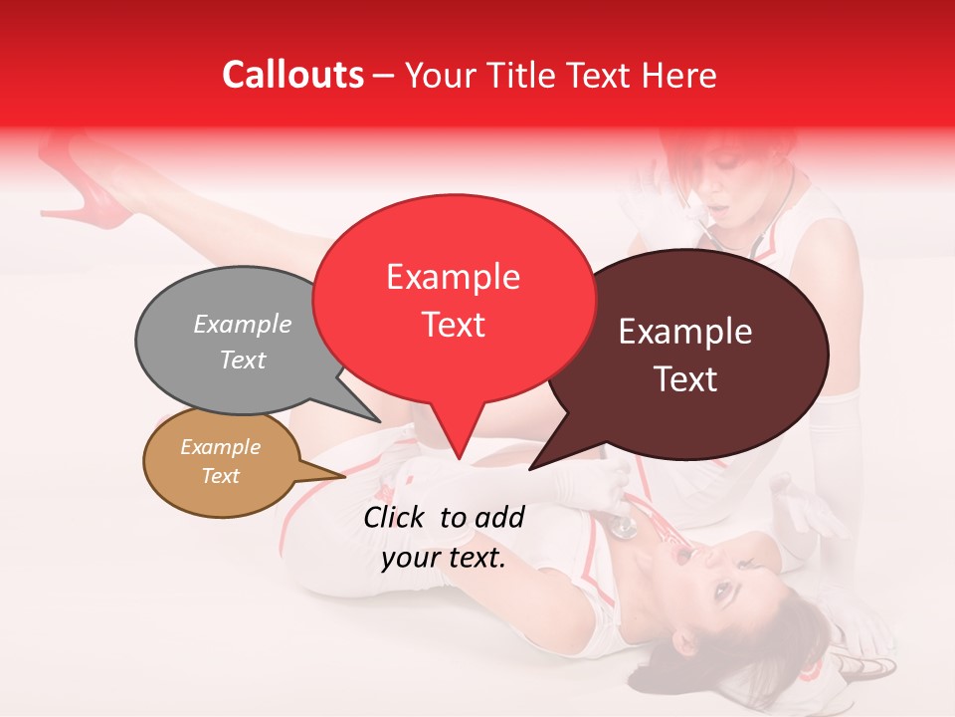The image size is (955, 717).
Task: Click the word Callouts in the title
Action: click(292, 75)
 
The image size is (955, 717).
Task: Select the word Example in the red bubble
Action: click(453, 277)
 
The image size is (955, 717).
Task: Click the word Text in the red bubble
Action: click(453, 325)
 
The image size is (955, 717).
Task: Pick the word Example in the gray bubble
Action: click(243, 324)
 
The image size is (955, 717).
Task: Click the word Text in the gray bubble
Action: click(243, 359)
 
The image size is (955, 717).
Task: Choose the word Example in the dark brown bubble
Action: click(685, 332)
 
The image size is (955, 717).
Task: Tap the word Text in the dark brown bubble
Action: click(685, 379)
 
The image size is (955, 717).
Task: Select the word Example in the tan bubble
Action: click(220, 447)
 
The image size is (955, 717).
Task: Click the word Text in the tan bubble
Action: click(220, 476)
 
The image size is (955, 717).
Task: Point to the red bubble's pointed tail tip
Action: click(459, 459)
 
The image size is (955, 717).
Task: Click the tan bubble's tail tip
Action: click(344, 476)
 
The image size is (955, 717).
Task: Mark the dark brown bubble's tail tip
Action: click(530, 468)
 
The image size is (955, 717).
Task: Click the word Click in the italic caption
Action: click(396, 517)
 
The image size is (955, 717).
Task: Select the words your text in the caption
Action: click(444, 558)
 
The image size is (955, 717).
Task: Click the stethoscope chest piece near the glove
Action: click(623, 526)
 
